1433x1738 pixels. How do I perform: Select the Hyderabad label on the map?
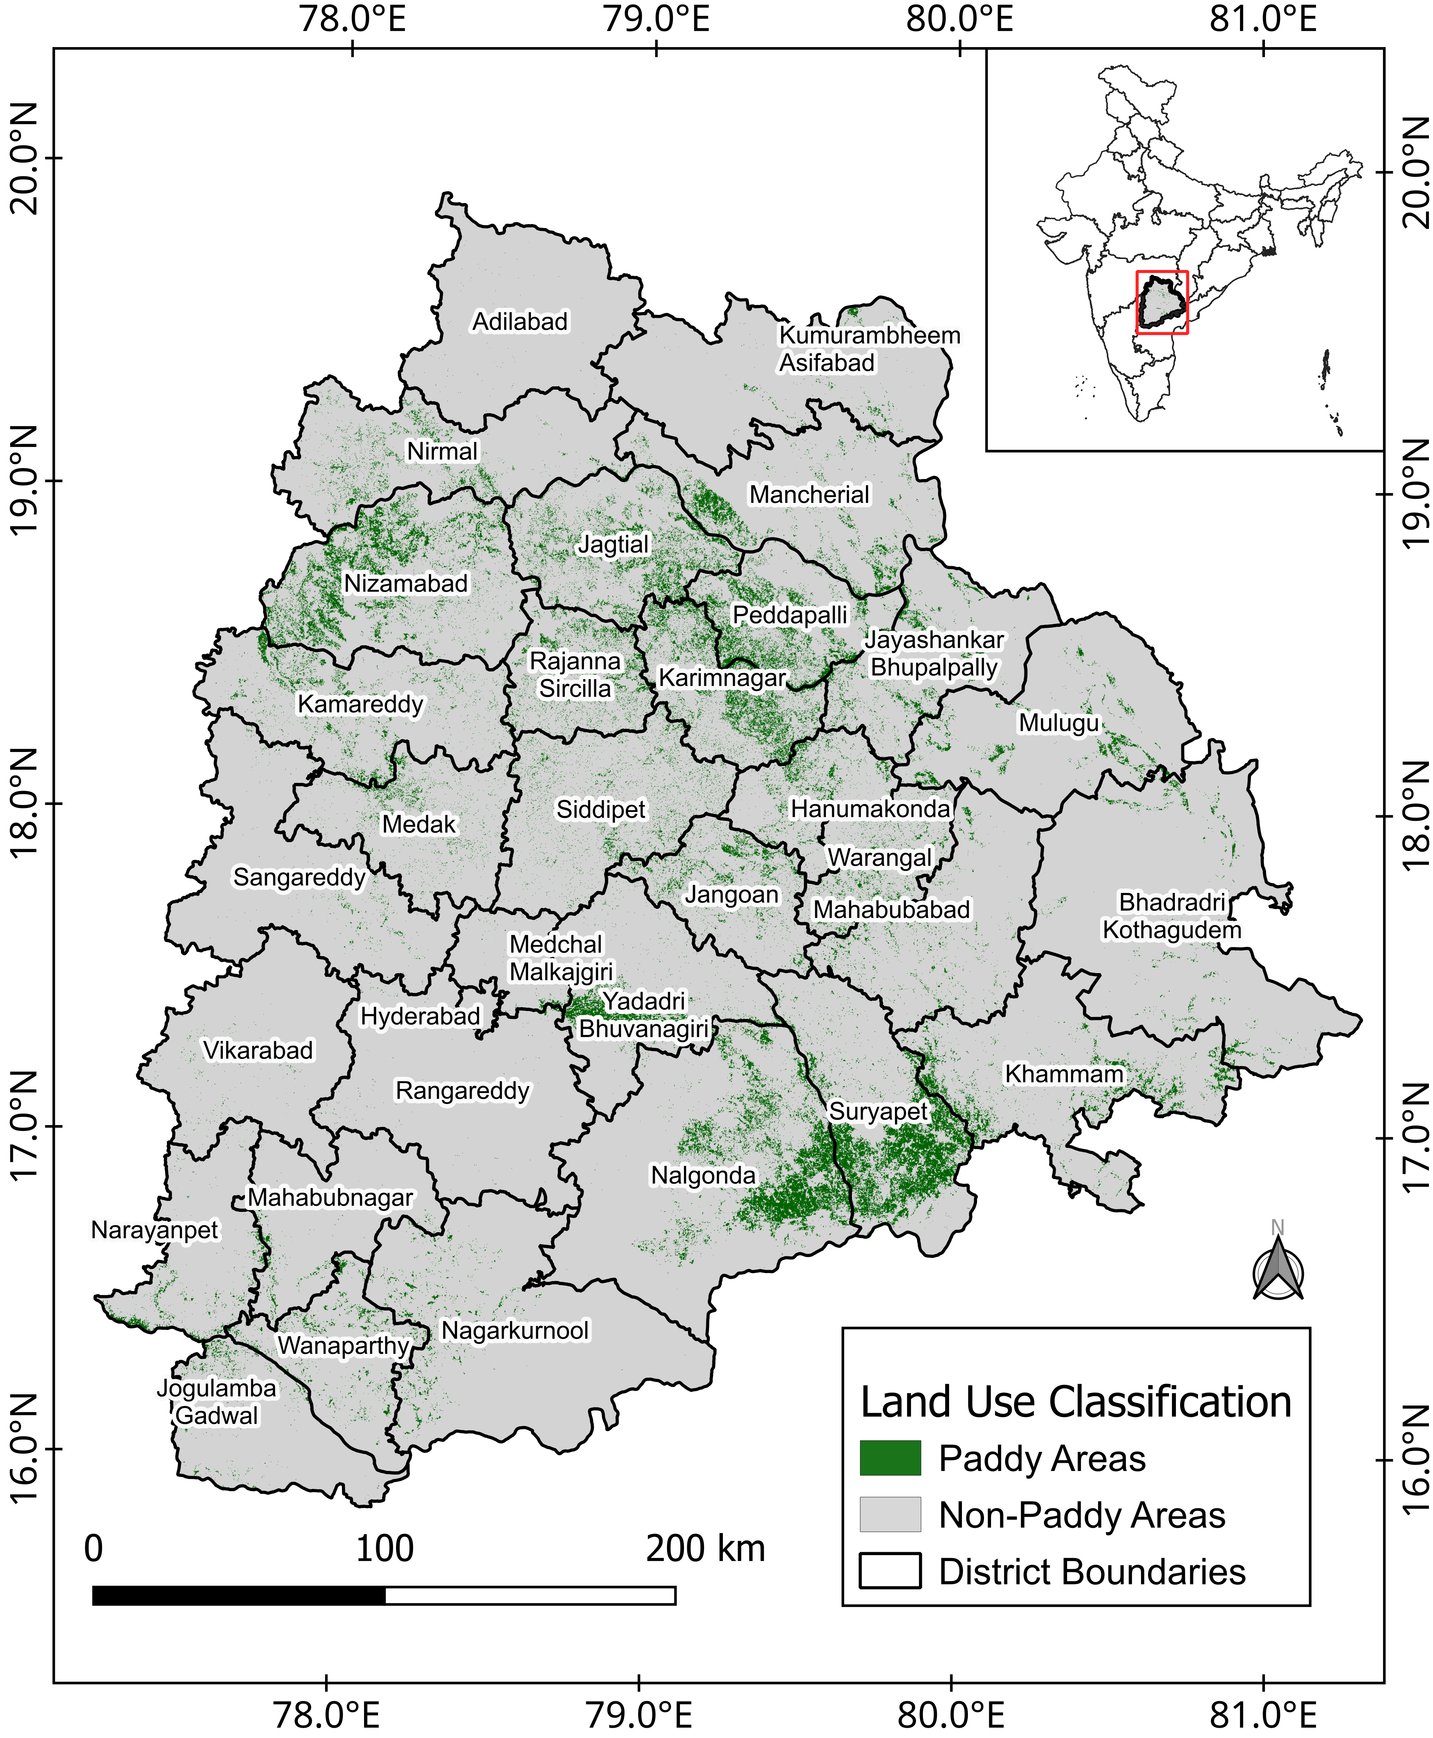pos(420,1015)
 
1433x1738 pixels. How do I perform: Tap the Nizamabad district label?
pos(405,583)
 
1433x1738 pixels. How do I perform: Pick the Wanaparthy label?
pos(343,1345)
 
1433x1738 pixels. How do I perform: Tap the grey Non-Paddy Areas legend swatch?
pos(890,1514)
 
